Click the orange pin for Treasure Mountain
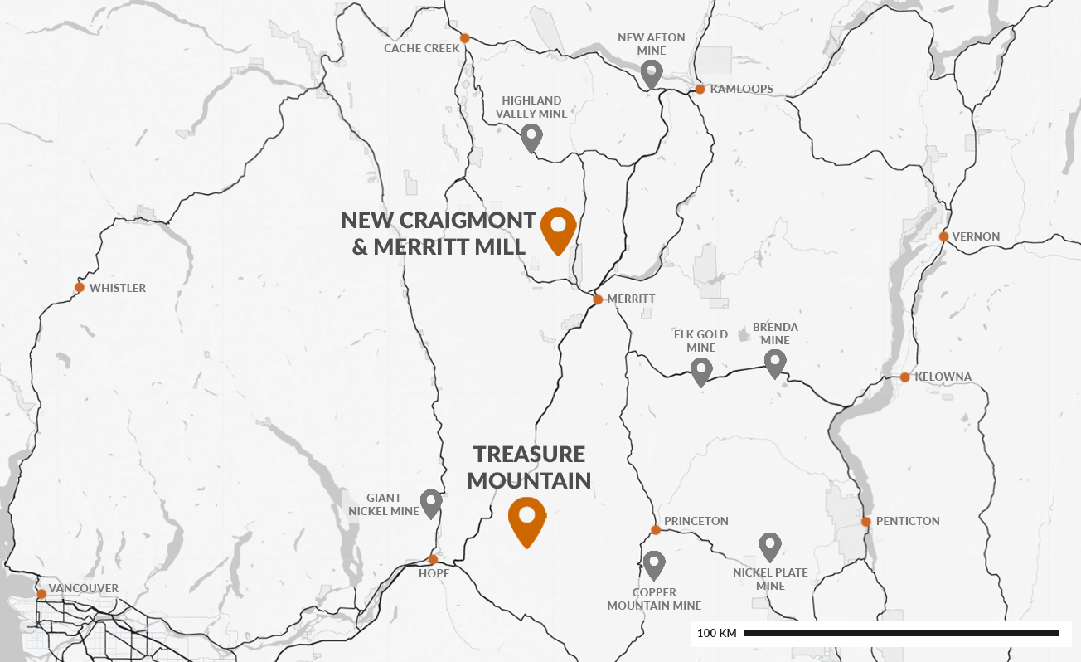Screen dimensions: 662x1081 526,519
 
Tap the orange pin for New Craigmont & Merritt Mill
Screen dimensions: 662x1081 558,228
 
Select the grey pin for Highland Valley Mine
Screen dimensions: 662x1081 531,137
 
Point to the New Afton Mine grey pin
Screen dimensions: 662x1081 652,73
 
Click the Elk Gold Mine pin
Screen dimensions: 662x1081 701,371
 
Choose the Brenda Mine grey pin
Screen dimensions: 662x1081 774,363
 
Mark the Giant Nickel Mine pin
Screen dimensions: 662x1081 431,503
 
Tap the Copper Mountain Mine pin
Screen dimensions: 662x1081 654,565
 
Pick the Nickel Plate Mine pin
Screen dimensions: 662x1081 770,547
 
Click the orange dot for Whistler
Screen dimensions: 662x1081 80,287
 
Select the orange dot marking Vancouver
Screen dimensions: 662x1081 41,594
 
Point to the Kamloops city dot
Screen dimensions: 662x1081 700,89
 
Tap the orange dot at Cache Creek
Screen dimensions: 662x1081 465,38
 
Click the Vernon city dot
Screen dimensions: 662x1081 943,236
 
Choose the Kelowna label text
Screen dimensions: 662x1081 943,377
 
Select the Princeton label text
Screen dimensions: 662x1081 696,521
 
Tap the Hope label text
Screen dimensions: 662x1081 434,574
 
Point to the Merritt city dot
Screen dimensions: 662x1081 598,299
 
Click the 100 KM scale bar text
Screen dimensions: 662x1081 716,634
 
